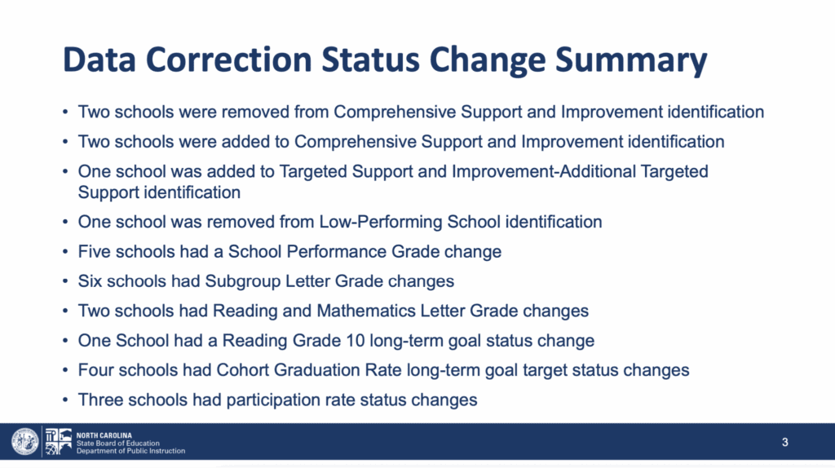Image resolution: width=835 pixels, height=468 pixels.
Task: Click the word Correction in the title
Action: (229, 59)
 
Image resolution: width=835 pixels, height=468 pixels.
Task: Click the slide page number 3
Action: (785, 442)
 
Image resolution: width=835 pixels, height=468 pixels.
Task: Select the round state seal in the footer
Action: (25, 441)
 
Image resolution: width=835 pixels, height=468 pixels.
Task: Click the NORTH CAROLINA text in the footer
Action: (104, 435)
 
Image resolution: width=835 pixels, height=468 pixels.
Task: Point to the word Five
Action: (95, 251)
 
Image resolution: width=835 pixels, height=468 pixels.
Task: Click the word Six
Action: (90, 281)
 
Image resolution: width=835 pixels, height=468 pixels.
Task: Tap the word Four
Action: (96, 370)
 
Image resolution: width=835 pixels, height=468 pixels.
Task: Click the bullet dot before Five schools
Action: (65, 252)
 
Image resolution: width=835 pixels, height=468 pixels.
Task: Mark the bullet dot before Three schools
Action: (65, 400)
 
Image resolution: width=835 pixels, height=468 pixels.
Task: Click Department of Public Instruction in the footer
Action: (131, 451)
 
